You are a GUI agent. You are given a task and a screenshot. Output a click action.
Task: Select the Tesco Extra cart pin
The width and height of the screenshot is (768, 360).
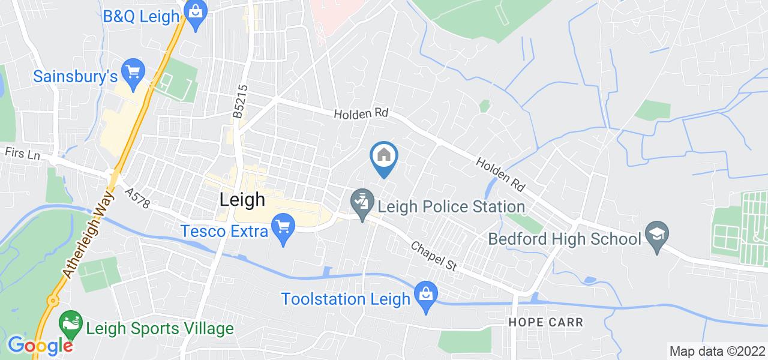[282, 228]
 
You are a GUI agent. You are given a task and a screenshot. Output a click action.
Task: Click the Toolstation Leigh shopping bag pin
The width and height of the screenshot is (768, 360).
[425, 295]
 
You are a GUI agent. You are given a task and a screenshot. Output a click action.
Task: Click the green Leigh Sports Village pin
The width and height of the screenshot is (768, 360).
[71, 323]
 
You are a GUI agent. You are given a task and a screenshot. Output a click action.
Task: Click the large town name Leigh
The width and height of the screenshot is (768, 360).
[242, 200]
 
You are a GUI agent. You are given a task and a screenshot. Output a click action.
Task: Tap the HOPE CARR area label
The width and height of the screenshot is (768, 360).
[545, 322]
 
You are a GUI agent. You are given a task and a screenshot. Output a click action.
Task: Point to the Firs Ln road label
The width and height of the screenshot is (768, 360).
[22, 152]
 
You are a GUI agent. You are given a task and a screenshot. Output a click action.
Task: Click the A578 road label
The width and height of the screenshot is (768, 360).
[137, 199]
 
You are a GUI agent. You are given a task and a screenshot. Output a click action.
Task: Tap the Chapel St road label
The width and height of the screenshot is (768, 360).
[434, 256]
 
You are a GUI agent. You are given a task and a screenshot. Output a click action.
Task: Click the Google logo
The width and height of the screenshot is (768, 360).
[40, 346]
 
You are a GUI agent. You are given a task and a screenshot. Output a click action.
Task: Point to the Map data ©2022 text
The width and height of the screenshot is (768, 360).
[717, 351]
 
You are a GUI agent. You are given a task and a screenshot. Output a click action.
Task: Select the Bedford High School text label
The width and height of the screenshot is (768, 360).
[565, 239]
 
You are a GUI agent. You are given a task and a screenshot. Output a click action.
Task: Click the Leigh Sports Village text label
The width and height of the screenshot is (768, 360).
[159, 329]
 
